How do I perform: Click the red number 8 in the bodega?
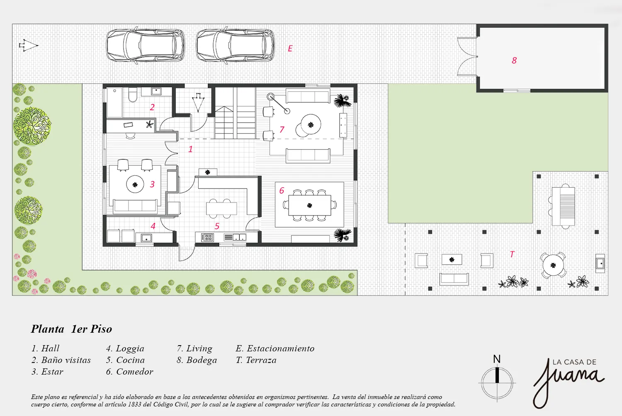(x=514, y=60)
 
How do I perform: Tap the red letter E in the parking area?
(x=290, y=48)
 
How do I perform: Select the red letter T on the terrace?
(x=512, y=254)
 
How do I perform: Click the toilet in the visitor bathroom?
(x=133, y=94)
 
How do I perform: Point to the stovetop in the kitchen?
(x=207, y=237)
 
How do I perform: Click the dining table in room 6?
(x=310, y=206)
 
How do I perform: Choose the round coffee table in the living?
(x=311, y=125)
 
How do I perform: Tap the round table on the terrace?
(x=553, y=265)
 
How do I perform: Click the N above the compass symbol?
(x=497, y=359)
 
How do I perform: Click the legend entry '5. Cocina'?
(x=126, y=360)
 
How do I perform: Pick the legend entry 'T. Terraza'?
(x=256, y=360)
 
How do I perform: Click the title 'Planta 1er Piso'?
(x=71, y=329)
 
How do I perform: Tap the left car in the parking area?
(x=146, y=45)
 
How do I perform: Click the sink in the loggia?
(x=146, y=238)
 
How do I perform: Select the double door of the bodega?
(x=467, y=56)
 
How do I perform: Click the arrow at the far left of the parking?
(x=28, y=45)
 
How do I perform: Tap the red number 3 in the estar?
(x=152, y=184)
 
